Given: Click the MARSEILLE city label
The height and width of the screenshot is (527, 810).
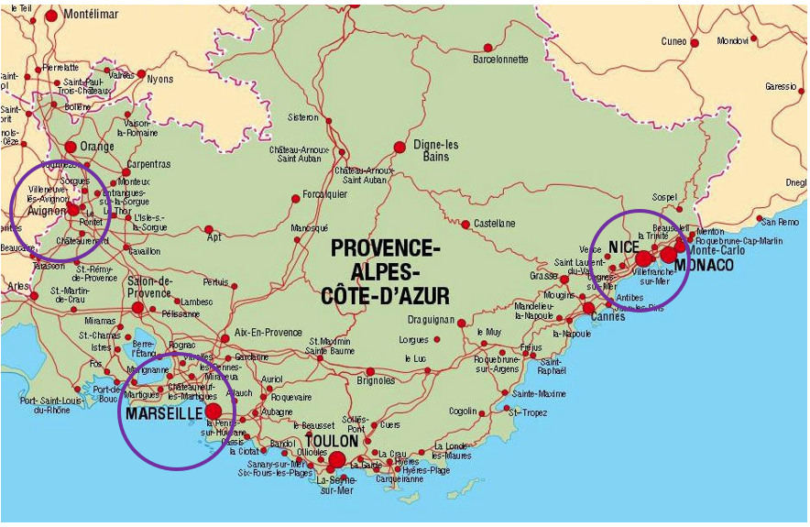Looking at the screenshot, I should [x=164, y=414].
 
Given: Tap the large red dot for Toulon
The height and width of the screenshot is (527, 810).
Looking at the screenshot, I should [x=337, y=460].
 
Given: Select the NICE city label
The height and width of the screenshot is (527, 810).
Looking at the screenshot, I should [x=623, y=247].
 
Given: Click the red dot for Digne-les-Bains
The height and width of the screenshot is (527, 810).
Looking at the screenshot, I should [x=399, y=147].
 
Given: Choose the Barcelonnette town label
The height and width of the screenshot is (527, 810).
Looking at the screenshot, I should [x=500, y=60].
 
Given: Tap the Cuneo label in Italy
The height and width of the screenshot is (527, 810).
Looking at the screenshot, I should [x=673, y=41].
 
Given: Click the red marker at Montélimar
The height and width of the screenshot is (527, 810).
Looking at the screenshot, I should [x=51, y=16].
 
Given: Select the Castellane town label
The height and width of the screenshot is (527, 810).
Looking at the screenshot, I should [x=494, y=224].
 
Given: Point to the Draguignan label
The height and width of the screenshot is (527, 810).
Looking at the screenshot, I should [x=431, y=320].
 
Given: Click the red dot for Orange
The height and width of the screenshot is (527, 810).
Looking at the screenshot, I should [x=71, y=147].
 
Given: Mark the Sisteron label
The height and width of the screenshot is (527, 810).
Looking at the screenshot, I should [x=303, y=117].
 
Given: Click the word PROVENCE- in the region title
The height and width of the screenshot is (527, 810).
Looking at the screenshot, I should [x=386, y=247].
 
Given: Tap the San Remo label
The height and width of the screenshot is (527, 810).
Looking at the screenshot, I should [x=781, y=222].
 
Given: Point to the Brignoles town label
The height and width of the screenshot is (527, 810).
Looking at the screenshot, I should [x=376, y=380].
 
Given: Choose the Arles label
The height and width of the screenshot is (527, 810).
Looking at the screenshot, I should [x=16, y=286].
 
